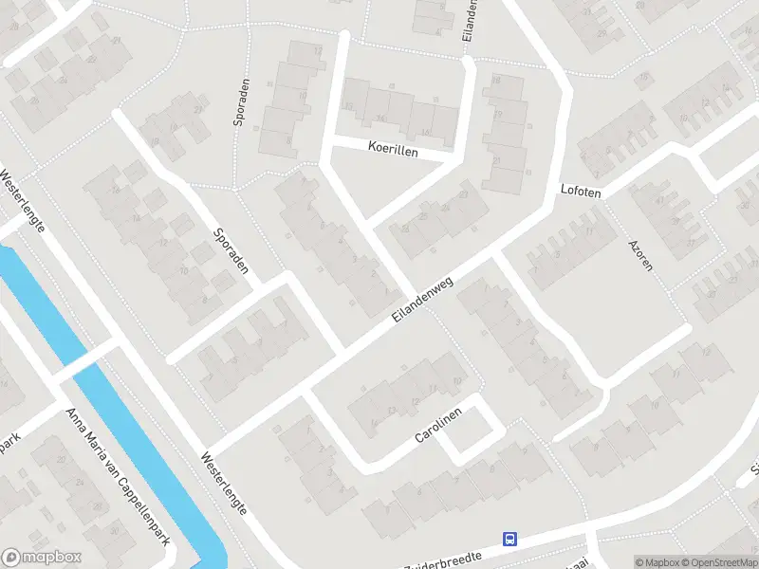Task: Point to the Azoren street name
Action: (x=640, y=254)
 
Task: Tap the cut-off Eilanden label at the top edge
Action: (x=469, y=19)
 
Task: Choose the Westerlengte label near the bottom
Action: (x=224, y=483)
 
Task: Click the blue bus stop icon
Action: (x=510, y=540)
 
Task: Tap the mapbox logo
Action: (x=42, y=558)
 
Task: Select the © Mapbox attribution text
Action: (x=657, y=562)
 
